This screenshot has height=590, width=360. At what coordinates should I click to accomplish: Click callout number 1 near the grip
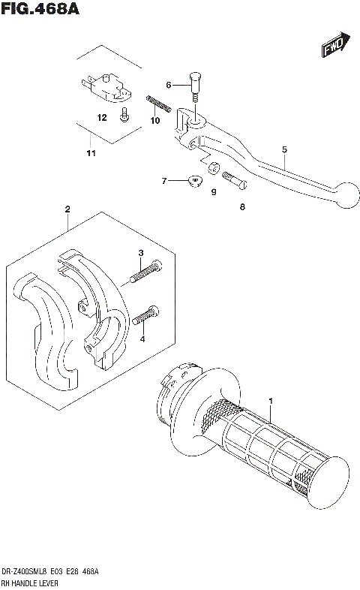point(271,402)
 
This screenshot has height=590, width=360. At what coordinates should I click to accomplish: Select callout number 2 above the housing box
point(67,208)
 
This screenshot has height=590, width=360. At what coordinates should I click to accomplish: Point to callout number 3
point(139,253)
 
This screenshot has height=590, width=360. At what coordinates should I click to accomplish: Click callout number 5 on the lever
point(284,149)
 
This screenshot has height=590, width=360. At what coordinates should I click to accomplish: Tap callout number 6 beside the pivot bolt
point(169,84)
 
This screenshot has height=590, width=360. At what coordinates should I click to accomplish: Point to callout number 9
point(213,192)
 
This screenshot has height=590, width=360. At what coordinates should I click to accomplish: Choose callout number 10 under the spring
point(155,121)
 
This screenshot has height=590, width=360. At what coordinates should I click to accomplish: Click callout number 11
point(91,154)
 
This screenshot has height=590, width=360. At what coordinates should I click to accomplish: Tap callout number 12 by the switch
point(102,118)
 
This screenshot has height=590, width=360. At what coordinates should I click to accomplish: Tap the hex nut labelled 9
point(212,170)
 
